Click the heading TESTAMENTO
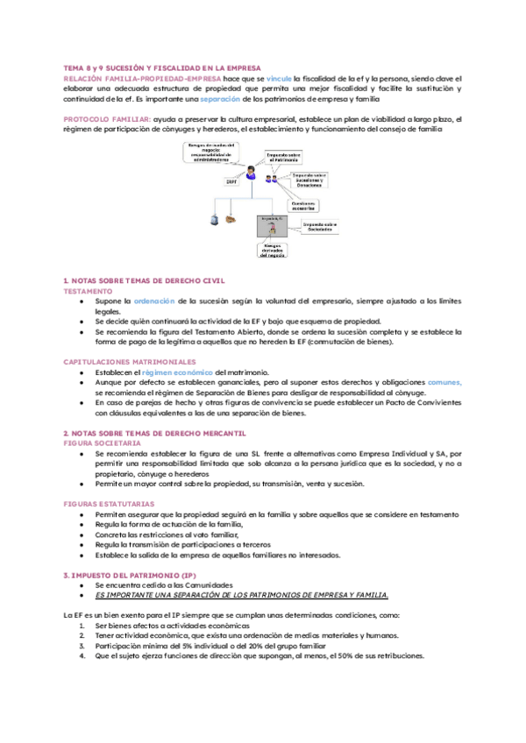[x=88, y=290]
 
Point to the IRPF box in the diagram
[x=232, y=182]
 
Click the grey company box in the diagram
[x=272, y=226]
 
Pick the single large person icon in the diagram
[x=251, y=173]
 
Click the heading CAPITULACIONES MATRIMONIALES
[x=124, y=361]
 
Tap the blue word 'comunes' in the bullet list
[x=444, y=382]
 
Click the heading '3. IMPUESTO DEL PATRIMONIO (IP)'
[x=126, y=574]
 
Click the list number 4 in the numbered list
[x=82, y=655]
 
